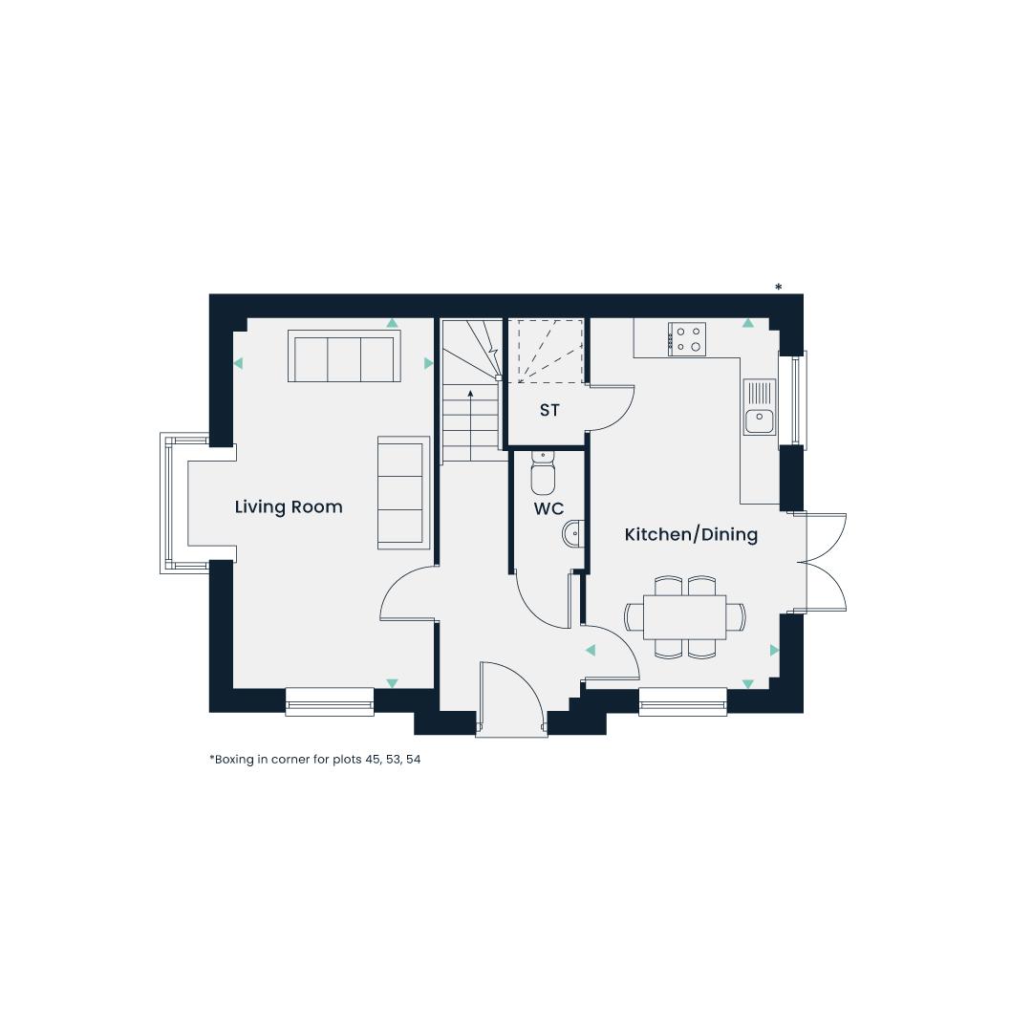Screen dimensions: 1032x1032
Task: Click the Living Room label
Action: click(x=289, y=506)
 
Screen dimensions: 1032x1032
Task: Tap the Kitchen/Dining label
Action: click(x=691, y=534)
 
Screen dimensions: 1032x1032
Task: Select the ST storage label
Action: click(x=549, y=410)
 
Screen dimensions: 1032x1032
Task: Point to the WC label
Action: click(x=548, y=508)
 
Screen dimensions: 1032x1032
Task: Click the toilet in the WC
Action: click(x=543, y=472)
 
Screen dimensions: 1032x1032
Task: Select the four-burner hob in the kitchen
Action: click(x=687, y=339)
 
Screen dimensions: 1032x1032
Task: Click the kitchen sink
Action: click(x=761, y=407)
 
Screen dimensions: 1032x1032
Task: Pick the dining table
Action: click(x=684, y=616)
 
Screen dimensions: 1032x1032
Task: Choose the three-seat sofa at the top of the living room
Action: click(x=344, y=356)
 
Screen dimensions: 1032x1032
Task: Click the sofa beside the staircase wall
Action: click(x=403, y=492)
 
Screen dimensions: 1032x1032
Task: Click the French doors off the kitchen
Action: click(x=823, y=563)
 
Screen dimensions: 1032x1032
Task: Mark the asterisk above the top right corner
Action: click(x=779, y=287)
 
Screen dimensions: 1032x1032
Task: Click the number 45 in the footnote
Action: click(x=373, y=759)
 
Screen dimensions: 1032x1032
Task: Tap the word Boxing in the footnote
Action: click(x=234, y=759)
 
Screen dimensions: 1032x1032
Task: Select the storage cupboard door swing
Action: click(x=610, y=408)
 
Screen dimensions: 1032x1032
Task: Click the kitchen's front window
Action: click(x=682, y=701)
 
